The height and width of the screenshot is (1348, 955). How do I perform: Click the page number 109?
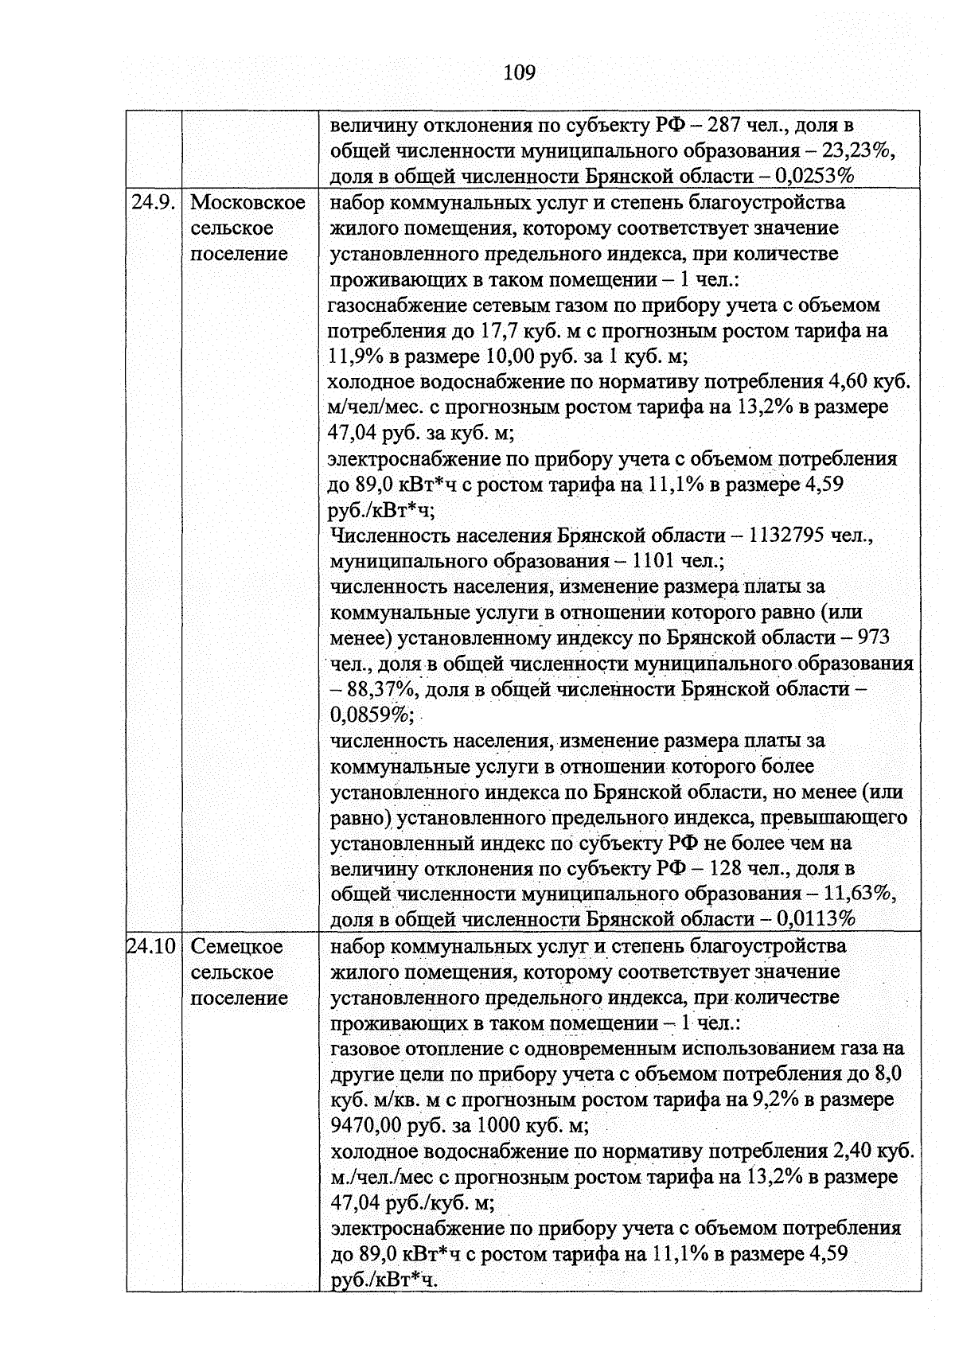(520, 73)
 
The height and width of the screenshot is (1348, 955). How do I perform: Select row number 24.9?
(153, 202)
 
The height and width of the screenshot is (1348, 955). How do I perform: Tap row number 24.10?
(153, 946)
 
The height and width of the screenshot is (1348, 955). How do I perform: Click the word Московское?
(248, 202)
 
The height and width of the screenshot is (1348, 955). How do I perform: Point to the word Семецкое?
(237, 946)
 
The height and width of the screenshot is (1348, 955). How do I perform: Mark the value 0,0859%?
(369, 715)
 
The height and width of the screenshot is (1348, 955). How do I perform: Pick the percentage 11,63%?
(859, 894)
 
